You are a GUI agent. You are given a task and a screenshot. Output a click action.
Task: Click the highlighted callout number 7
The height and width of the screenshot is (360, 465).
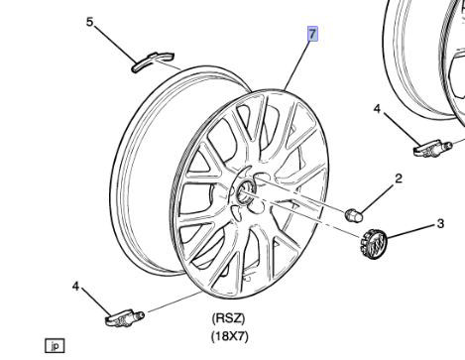[x=312, y=34]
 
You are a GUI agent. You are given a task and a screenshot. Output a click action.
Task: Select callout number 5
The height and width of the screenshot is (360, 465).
[x=90, y=22]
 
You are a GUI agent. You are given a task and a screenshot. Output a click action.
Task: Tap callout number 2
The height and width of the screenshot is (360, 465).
[x=399, y=179]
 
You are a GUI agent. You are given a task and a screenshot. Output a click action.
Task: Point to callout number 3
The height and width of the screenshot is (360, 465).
[x=440, y=224]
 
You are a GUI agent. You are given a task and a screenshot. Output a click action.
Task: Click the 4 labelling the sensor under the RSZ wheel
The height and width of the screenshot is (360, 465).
[x=76, y=287]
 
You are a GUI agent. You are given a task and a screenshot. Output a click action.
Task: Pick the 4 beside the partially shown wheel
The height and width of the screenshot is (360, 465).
[x=377, y=108]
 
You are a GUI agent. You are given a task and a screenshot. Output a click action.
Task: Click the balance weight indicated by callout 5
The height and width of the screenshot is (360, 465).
[x=153, y=61]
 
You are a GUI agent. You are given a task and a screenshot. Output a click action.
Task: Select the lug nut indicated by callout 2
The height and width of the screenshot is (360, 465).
[x=354, y=215]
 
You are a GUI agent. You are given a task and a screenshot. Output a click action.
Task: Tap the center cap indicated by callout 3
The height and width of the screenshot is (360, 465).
[x=373, y=244]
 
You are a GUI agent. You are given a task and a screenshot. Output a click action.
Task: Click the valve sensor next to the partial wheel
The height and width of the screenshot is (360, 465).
[x=431, y=148]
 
